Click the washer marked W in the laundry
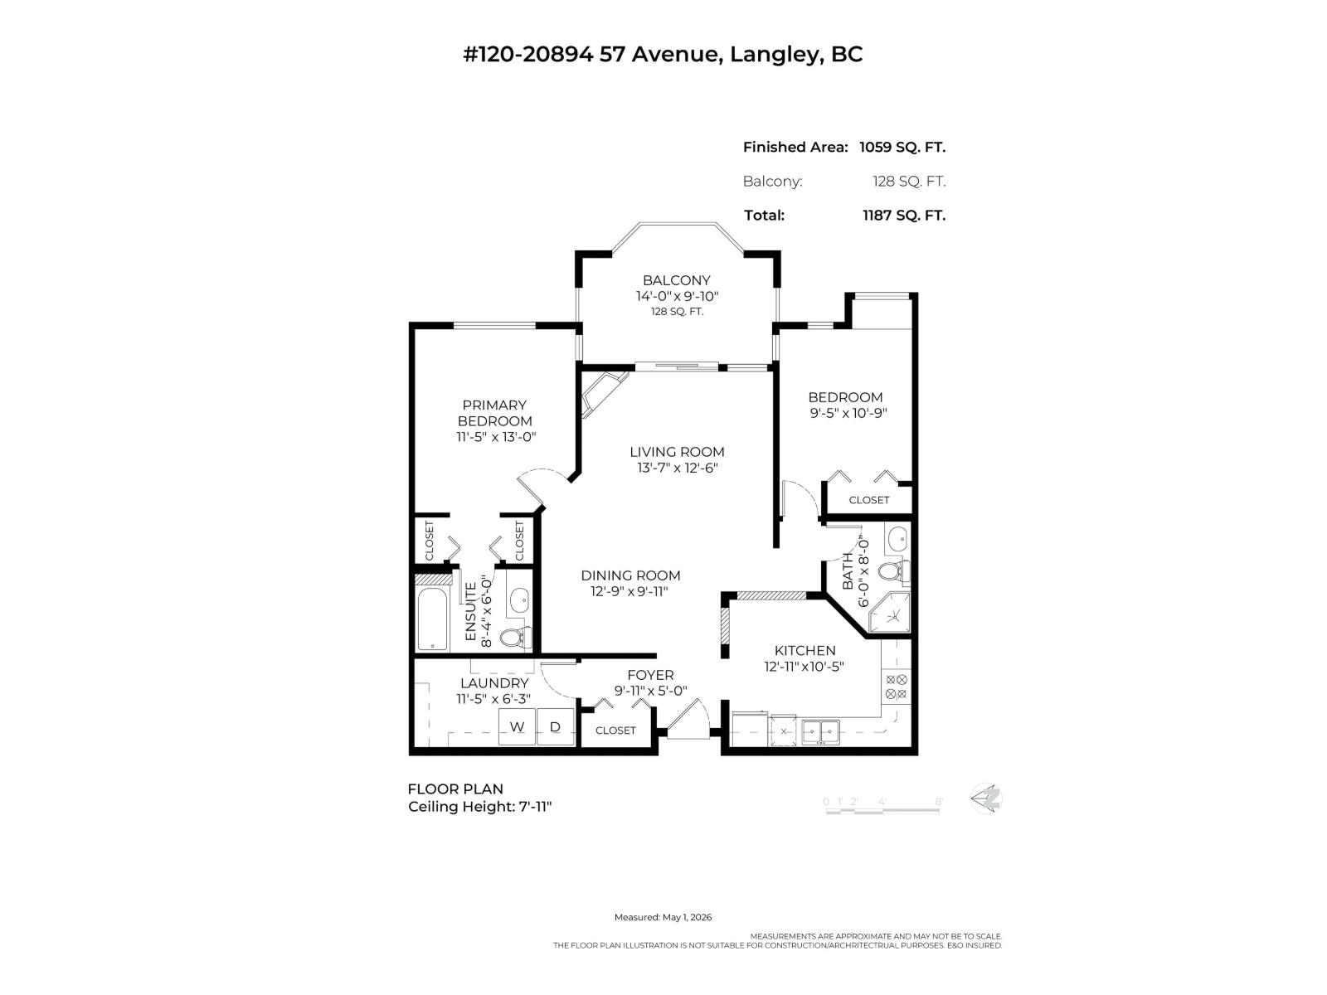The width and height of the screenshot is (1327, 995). pyautogui.click(x=517, y=727)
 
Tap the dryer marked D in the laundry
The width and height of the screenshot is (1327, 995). pyautogui.click(x=555, y=727)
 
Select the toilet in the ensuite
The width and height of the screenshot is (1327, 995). pyautogui.click(x=517, y=637)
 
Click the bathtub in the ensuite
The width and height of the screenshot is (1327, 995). pyautogui.click(x=432, y=619)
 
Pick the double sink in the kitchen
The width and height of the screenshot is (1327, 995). pyautogui.click(x=820, y=731)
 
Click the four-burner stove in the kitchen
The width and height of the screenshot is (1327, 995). pyautogui.click(x=896, y=687)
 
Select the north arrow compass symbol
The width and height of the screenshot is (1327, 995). pyautogui.click(x=986, y=798)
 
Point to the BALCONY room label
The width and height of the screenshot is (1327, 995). pyautogui.click(x=676, y=280)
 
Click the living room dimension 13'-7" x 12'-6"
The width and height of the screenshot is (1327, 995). pyautogui.click(x=677, y=468)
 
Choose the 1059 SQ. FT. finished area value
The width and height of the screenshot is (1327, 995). pyautogui.click(x=902, y=147)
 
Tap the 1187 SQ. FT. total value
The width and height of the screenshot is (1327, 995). pyautogui.click(x=904, y=215)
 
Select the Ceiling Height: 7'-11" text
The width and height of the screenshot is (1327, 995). pyautogui.click(x=480, y=807)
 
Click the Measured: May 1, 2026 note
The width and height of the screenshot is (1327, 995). pyautogui.click(x=663, y=917)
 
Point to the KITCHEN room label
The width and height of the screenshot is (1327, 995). pyautogui.click(x=804, y=651)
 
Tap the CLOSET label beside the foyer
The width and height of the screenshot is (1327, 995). pyautogui.click(x=615, y=730)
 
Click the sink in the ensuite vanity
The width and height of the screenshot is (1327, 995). pyautogui.click(x=518, y=600)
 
